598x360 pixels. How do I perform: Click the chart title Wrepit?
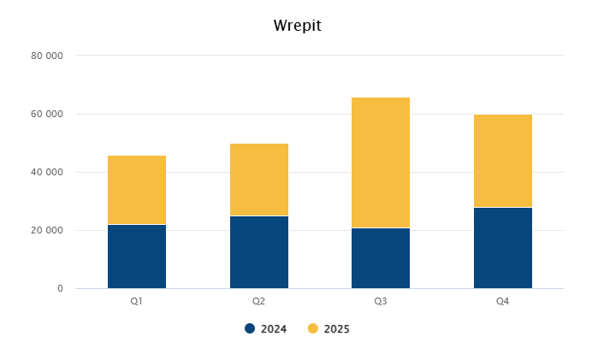pyautogui.click(x=298, y=25)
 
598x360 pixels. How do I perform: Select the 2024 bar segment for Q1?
pyautogui.click(x=137, y=257)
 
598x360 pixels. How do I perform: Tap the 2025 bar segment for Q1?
pyautogui.click(x=137, y=190)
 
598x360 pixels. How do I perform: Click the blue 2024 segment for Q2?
pyautogui.click(x=258, y=252)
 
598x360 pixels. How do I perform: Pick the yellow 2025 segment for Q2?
pyautogui.click(x=258, y=180)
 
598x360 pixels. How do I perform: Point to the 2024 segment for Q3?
pyautogui.click(x=381, y=258)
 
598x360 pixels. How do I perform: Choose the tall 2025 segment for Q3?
pyautogui.click(x=381, y=162)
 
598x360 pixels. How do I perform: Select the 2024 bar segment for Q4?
pyautogui.click(x=503, y=248)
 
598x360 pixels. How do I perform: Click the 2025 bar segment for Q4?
pyautogui.click(x=503, y=161)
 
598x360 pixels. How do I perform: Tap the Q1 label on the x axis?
pyautogui.click(x=137, y=301)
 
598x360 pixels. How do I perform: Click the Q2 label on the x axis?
pyautogui.click(x=258, y=301)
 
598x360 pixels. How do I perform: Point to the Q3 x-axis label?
pyautogui.click(x=381, y=301)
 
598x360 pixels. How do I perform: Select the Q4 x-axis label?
pyautogui.click(x=503, y=301)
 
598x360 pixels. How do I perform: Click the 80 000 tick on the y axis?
pyautogui.click(x=47, y=56)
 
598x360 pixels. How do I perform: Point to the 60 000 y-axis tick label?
pyautogui.click(x=47, y=114)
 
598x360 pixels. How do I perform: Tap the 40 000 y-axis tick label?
pyautogui.click(x=47, y=172)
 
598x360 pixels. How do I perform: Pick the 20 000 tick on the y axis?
pyautogui.click(x=47, y=230)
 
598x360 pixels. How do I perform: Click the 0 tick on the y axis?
pyautogui.click(x=60, y=288)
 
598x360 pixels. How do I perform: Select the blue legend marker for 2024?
pyautogui.click(x=250, y=328)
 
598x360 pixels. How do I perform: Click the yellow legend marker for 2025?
pyautogui.click(x=313, y=328)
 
